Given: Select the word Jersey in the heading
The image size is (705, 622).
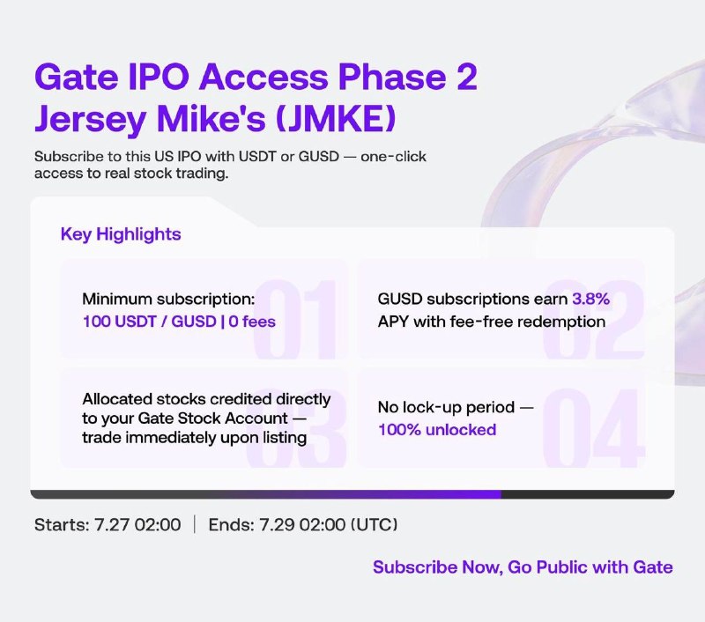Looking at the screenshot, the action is (x=90, y=120).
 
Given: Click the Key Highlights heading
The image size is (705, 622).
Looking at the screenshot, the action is (x=121, y=234).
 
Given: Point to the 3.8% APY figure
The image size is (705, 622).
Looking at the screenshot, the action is (x=590, y=299).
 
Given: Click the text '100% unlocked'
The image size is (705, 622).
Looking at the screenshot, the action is (x=437, y=430).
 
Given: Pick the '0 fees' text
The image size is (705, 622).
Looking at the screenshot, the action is (x=252, y=322).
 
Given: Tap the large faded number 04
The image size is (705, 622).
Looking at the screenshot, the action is (x=593, y=428).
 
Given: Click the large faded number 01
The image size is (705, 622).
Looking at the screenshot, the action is (x=295, y=319).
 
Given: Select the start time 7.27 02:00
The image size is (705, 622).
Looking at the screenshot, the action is (x=137, y=524).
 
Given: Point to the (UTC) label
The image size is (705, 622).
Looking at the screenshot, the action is (x=374, y=524).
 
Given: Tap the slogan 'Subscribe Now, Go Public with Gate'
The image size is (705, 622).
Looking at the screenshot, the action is (x=523, y=567).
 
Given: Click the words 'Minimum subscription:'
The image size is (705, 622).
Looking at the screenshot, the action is (x=168, y=299).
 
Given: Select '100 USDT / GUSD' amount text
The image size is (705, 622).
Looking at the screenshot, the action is (x=150, y=322).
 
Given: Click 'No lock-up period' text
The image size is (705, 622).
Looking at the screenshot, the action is (x=446, y=407).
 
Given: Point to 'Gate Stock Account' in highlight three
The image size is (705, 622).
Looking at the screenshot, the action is (x=212, y=418).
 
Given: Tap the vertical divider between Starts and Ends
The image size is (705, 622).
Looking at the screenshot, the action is (x=195, y=524).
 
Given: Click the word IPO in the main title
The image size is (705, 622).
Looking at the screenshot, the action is (x=159, y=77).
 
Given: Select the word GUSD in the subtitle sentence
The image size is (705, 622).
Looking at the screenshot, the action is (x=319, y=157).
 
